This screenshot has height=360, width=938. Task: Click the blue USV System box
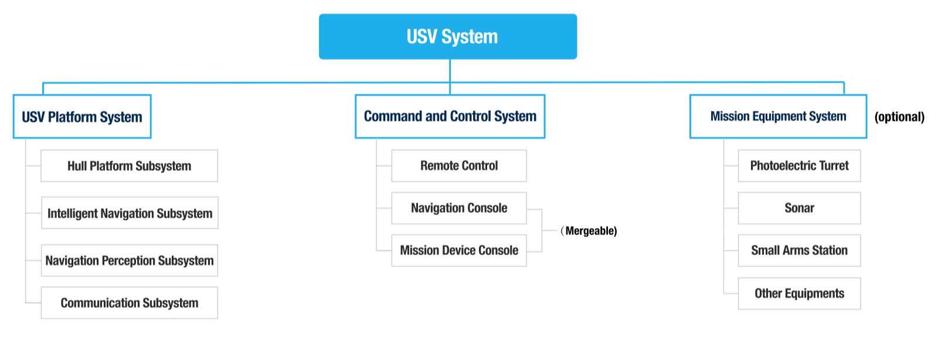click(x=448, y=36)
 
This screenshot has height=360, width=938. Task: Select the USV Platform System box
click(x=82, y=117)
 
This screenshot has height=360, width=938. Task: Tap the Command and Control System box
click(x=450, y=116)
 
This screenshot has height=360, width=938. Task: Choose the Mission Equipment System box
click(x=778, y=116)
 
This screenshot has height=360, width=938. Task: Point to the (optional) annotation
click(x=899, y=117)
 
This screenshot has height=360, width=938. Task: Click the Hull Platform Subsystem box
click(x=129, y=166)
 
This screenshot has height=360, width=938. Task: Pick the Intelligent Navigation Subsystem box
click(x=130, y=213)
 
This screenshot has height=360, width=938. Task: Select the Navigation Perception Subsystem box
click(x=130, y=260)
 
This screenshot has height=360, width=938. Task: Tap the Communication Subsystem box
click(x=129, y=303)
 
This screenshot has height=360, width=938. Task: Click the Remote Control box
click(x=459, y=166)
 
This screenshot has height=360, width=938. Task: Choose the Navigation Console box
click(x=459, y=208)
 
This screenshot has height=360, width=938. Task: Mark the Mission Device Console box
click(x=459, y=250)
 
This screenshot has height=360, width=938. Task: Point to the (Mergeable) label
click(x=589, y=231)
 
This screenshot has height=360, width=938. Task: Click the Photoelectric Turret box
click(x=799, y=166)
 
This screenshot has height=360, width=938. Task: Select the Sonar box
click(x=799, y=208)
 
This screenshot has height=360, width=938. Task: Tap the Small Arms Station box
click(x=799, y=250)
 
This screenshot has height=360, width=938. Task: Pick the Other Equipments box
click(x=799, y=294)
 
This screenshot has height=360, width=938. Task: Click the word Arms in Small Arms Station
click(x=796, y=250)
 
